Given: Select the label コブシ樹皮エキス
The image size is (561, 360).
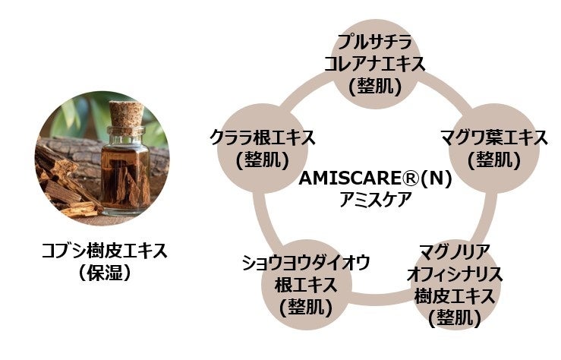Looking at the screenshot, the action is tap(104, 250).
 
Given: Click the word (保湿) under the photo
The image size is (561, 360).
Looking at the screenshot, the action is tap(104, 272).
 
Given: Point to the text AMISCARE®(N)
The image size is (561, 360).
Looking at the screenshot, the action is tap(375, 179).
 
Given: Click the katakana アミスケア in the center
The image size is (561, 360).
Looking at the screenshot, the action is tap(376, 199).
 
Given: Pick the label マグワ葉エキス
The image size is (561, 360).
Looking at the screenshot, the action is tap(493, 139).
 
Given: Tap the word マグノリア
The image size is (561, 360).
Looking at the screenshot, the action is tap(454, 251).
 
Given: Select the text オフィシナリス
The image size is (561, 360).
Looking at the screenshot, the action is tap(454, 273).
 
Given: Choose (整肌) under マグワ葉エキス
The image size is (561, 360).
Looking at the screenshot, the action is tap(493, 160).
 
